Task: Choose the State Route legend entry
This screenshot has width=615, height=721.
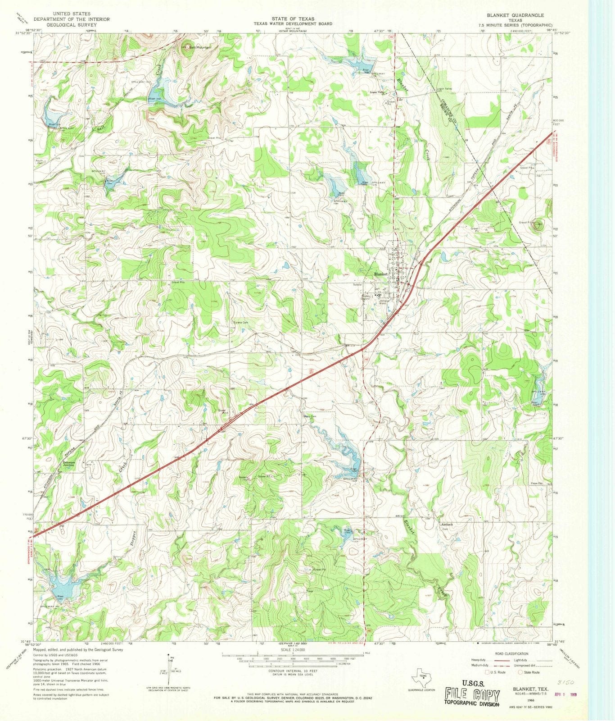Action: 529,672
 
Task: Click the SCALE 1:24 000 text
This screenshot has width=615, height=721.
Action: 293,650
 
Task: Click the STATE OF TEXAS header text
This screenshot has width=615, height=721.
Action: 293,19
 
